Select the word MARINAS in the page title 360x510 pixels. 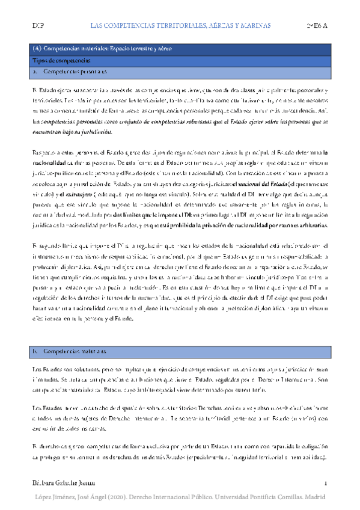point(251,26)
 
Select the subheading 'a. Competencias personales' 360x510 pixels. point(70,72)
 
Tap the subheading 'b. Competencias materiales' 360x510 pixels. point(70,350)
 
